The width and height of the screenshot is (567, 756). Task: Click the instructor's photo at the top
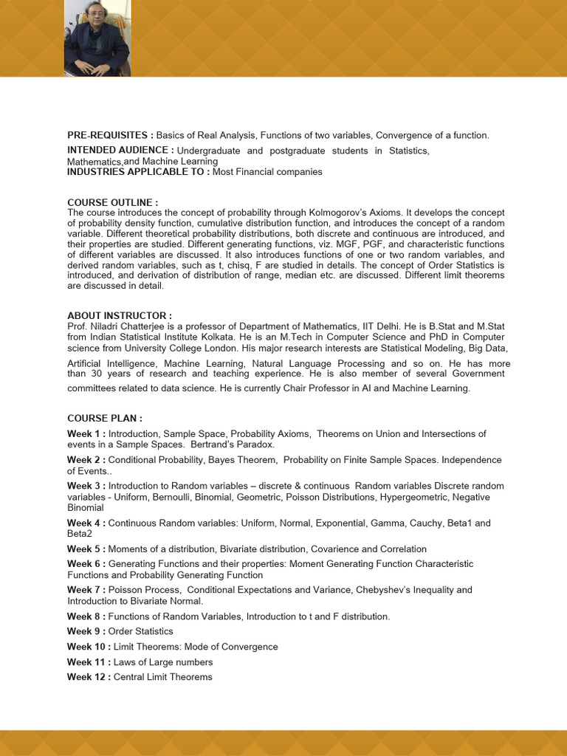click(97, 38)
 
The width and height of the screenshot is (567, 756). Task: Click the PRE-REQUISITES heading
click(110, 135)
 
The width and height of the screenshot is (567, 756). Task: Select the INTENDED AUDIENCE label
click(120, 151)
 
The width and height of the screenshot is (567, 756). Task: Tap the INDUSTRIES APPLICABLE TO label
click(138, 172)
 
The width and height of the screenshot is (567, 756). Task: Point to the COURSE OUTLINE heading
click(112, 202)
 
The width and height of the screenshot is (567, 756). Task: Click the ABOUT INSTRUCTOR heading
click(120, 315)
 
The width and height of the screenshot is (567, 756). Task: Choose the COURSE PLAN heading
click(105, 418)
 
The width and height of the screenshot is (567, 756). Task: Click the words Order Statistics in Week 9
click(140, 631)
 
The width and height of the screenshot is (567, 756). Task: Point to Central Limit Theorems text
click(162, 677)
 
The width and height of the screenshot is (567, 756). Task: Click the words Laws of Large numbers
click(163, 662)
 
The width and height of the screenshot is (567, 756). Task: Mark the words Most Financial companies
click(267, 172)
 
